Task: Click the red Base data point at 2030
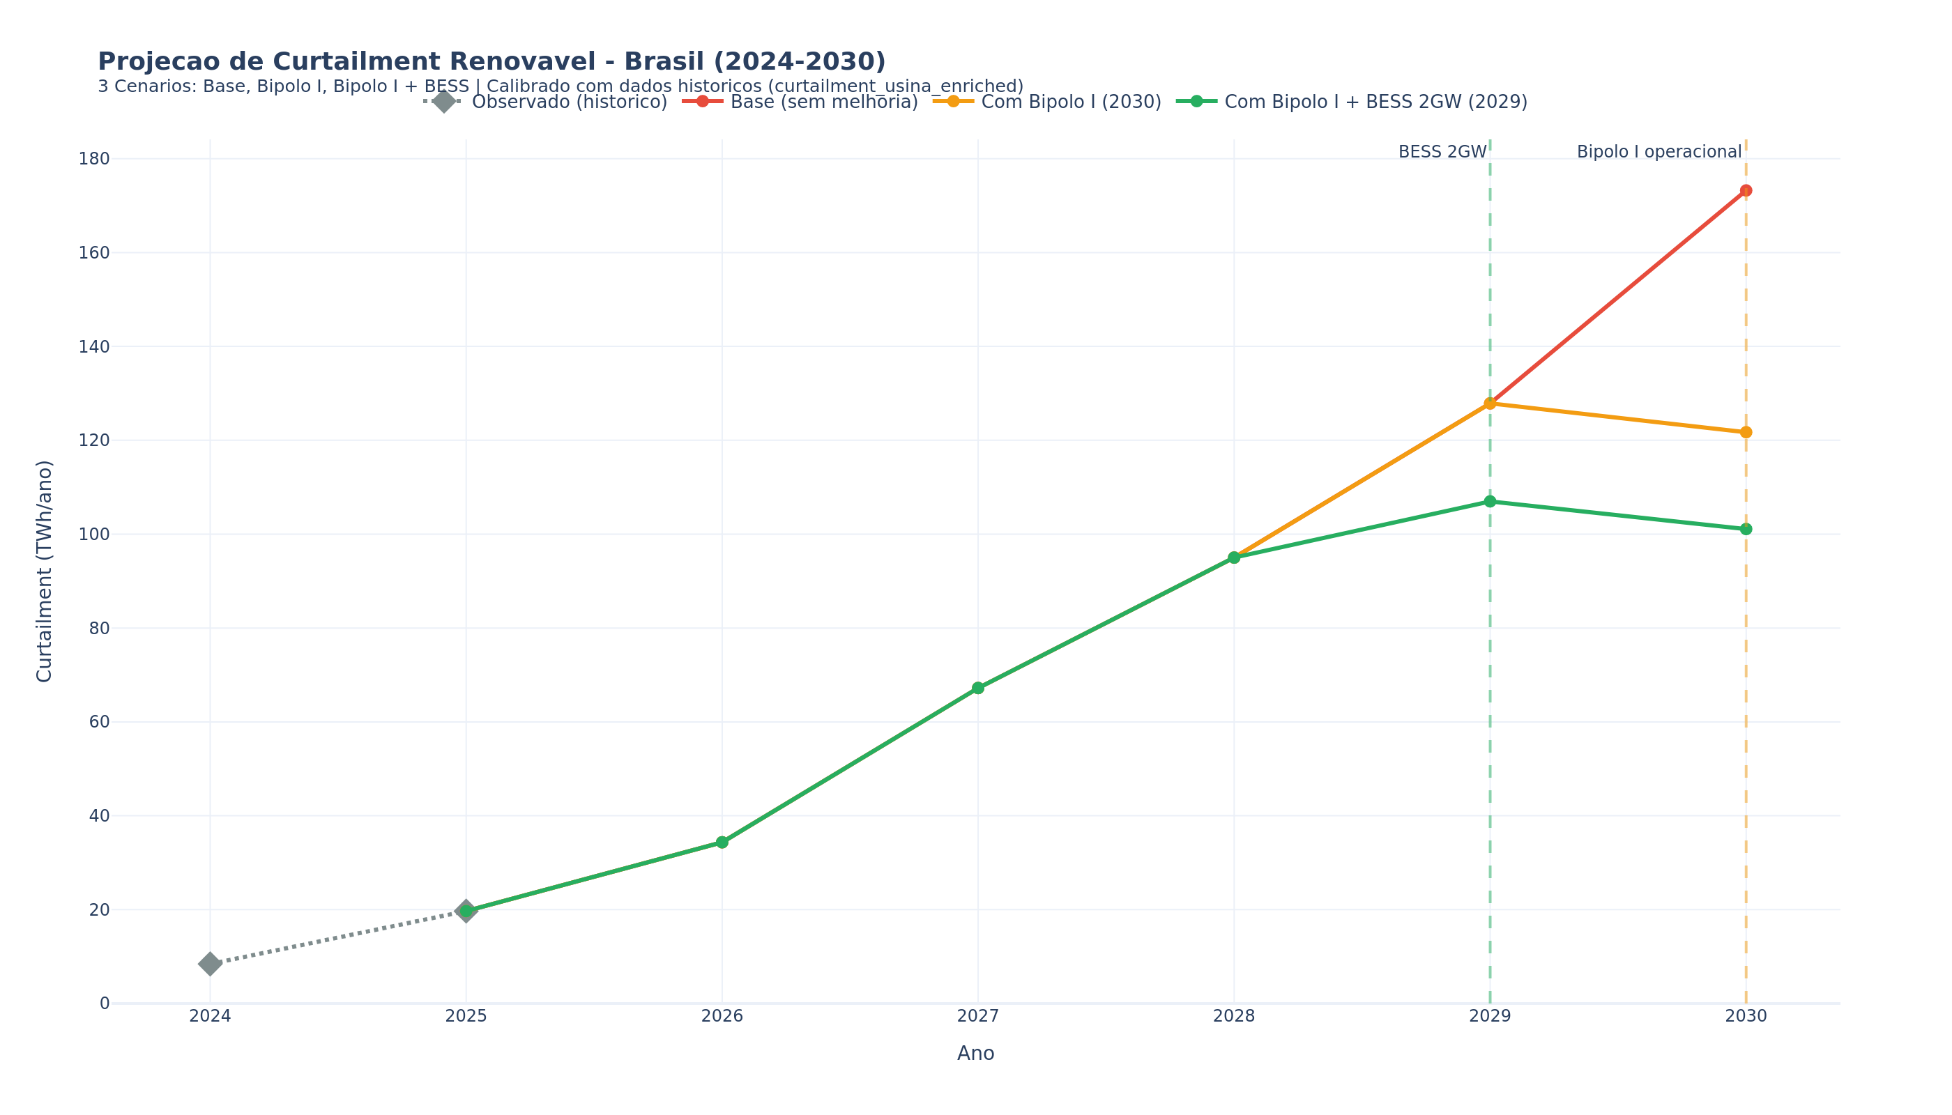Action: coord(1745,191)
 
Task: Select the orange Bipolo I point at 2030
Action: coord(1745,432)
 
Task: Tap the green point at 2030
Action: coord(1745,529)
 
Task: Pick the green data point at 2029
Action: coord(1489,502)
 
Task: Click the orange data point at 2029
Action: coord(1489,403)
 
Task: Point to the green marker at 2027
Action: coord(977,689)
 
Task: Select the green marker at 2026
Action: coord(722,843)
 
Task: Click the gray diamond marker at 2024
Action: coord(210,964)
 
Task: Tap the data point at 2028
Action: coord(1233,557)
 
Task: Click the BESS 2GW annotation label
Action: coord(1442,153)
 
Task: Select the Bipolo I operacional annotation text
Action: coord(1659,153)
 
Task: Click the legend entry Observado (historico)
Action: coord(568,102)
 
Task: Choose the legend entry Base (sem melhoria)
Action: coord(823,102)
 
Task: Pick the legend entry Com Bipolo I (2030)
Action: coord(1070,102)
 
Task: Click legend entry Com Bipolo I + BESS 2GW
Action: coord(1375,102)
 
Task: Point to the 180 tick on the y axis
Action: coord(94,160)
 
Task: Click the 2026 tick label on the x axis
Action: coord(722,1016)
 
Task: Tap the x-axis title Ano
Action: coord(975,1054)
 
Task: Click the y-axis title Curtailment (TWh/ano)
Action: coord(45,571)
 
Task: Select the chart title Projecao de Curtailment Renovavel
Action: coord(491,62)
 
